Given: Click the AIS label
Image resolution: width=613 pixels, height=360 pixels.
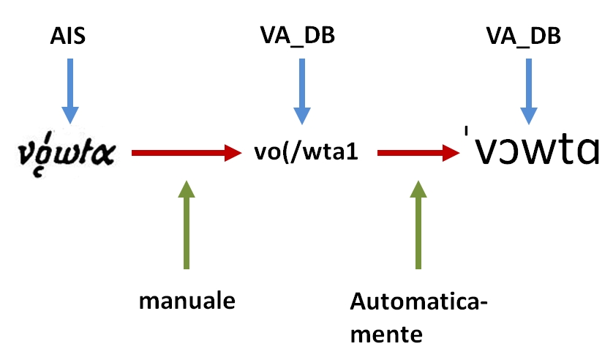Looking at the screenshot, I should coord(69,35).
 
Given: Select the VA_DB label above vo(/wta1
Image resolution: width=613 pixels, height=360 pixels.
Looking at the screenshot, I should coord(297,35).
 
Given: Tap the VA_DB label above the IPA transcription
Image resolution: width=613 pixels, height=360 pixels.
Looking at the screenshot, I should coord(524,35).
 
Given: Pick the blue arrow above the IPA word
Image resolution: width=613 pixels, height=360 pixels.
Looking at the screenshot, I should coord(528,89).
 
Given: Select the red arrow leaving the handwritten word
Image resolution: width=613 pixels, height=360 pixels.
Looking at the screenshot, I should coord(187,153).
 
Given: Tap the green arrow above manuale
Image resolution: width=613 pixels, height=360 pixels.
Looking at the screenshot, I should coord(187,223).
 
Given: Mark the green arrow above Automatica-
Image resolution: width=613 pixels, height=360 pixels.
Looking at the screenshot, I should coord(418,223).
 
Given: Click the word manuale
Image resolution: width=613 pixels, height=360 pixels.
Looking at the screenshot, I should coord(187,301).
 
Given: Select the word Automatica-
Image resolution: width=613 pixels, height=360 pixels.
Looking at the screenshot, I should coord(418,301).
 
